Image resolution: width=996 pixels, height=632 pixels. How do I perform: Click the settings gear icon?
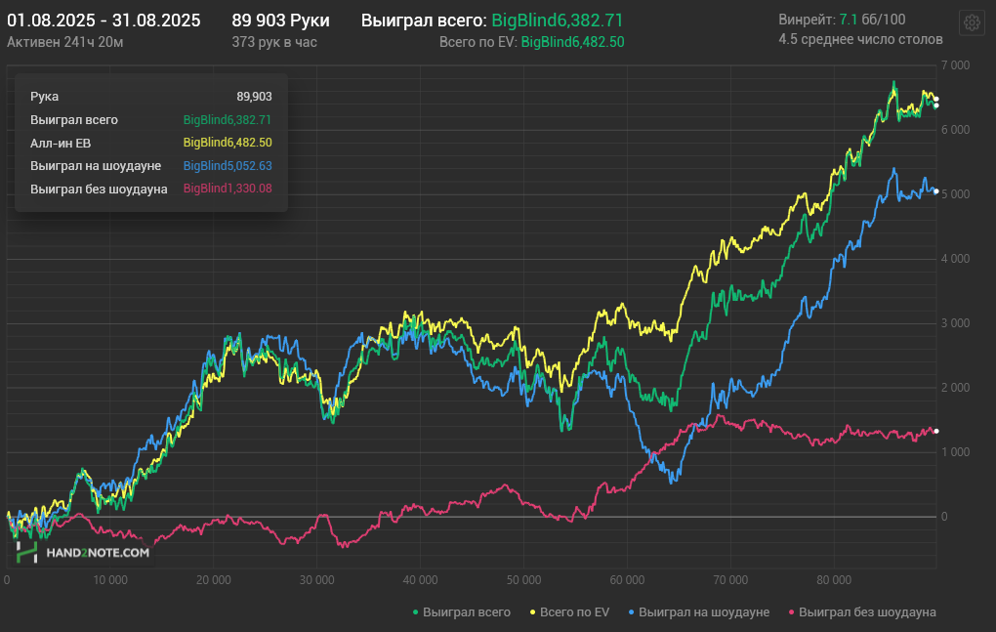click(x=972, y=23)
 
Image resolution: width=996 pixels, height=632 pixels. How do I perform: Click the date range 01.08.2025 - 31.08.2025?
click(x=104, y=21)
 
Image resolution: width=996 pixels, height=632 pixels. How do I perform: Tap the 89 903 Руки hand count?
click(x=281, y=21)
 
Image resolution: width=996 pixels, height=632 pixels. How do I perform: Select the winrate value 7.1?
click(x=848, y=20)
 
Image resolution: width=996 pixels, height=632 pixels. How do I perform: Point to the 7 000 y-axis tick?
click(x=955, y=65)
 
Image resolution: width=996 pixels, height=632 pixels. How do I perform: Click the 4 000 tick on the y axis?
click(x=955, y=259)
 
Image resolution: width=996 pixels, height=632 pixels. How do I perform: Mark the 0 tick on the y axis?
click(x=944, y=517)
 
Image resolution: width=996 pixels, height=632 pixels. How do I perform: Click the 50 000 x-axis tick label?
click(x=523, y=580)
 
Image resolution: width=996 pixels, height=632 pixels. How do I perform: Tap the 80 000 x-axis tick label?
click(x=834, y=580)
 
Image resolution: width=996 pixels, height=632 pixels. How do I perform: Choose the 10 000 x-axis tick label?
click(x=110, y=580)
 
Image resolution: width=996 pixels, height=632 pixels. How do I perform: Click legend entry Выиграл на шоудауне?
click(x=699, y=612)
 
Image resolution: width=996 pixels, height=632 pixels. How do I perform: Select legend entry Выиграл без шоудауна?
click(x=862, y=612)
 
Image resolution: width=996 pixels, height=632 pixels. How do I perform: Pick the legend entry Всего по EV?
click(x=569, y=612)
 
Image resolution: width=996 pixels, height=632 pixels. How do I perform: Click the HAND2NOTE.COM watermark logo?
click(x=83, y=553)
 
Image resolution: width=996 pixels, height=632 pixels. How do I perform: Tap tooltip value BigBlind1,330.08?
click(x=228, y=189)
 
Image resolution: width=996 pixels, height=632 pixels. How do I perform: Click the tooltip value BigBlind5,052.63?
click(x=228, y=166)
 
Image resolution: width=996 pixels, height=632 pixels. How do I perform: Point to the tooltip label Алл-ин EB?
click(x=61, y=143)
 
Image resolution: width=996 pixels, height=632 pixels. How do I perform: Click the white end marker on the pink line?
click(x=936, y=432)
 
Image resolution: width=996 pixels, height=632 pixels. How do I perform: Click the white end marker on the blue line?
click(x=936, y=191)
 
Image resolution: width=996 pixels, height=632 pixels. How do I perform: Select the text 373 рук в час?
click(x=274, y=42)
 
